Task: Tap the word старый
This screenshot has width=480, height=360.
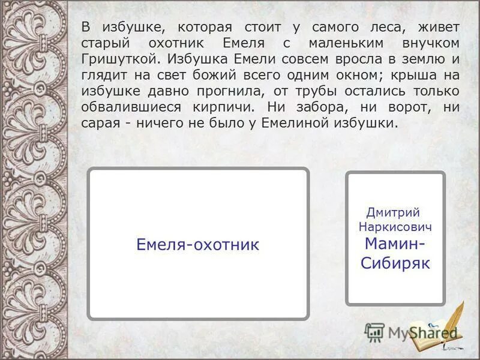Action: (103, 44)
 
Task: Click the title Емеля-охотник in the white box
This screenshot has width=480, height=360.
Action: (197, 245)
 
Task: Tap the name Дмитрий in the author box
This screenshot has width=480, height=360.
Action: (393, 212)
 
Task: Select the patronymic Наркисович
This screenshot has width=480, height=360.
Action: (395, 228)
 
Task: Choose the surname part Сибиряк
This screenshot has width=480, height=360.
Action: (395, 263)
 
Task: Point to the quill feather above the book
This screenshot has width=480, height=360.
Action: (457, 315)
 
